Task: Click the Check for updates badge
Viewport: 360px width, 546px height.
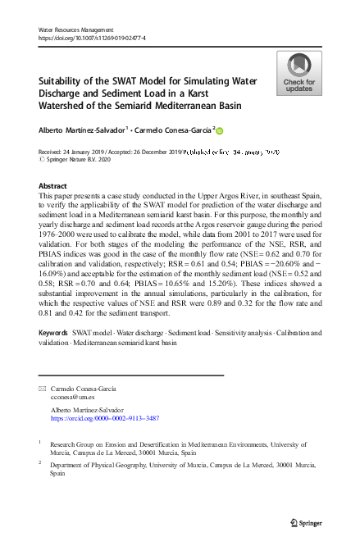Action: click(x=298, y=72)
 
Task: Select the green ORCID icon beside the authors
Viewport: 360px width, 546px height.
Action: click(x=219, y=130)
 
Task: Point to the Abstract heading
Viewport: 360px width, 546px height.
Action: click(x=53, y=186)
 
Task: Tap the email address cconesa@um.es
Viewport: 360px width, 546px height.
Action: click(x=71, y=395)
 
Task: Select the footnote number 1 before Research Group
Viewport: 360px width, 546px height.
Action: click(x=39, y=442)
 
